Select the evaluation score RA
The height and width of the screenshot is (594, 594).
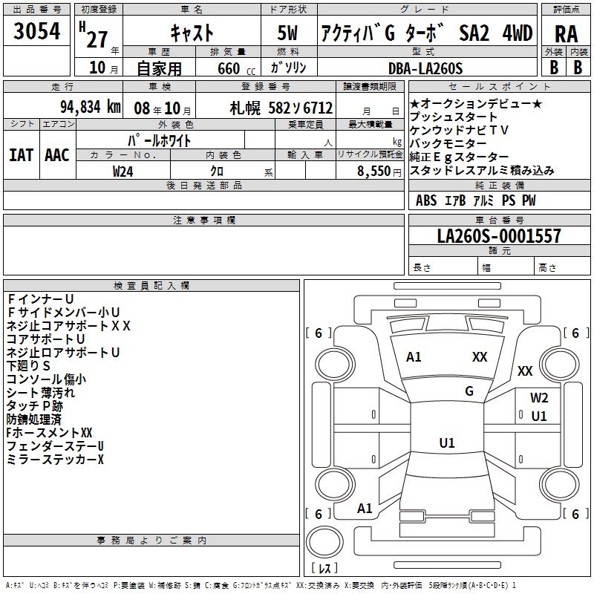pyautogui.click(x=566, y=33)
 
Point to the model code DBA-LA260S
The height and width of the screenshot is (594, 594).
pyautogui.click(x=425, y=68)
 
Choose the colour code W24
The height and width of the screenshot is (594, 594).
pyautogui.click(x=123, y=171)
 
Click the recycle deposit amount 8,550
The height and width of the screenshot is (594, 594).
pyautogui.click(x=379, y=171)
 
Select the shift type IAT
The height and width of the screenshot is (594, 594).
pyautogui.click(x=21, y=154)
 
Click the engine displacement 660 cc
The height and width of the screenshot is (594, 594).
pyautogui.click(x=229, y=69)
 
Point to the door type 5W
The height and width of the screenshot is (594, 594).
pyautogui.click(x=289, y=33)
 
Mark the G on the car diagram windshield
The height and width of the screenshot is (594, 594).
pyautogui.click(x=469, y=391)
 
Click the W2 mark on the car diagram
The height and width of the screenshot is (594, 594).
pyautogui.click(x=539, y=397)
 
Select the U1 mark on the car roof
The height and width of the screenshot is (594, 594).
pyautogui.click(x=447, y=443)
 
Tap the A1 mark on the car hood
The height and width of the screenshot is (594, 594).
pyautogui.click(x=414, y=357)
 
